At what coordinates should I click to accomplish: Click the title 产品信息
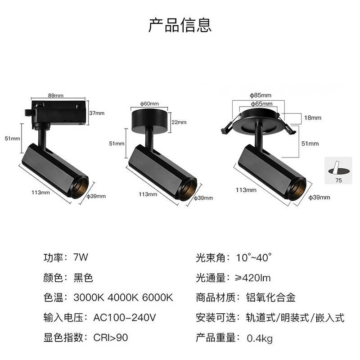point(180,24)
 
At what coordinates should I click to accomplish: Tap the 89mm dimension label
point(55,95)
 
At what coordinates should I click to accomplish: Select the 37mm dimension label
point(97,113)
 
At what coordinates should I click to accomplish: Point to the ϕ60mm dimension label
point(149,103)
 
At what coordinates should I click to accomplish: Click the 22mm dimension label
point(179,122)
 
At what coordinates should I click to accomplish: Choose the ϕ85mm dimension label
point(260,95)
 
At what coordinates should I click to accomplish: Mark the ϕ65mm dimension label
point(260,104)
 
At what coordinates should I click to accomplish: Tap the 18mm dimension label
point(313,118)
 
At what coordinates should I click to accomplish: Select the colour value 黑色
point(83,278)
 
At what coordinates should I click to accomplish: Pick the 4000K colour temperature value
point(123,298)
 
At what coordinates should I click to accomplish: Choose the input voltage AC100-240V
point(125,318)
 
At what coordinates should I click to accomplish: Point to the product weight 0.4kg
point(260,338)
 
